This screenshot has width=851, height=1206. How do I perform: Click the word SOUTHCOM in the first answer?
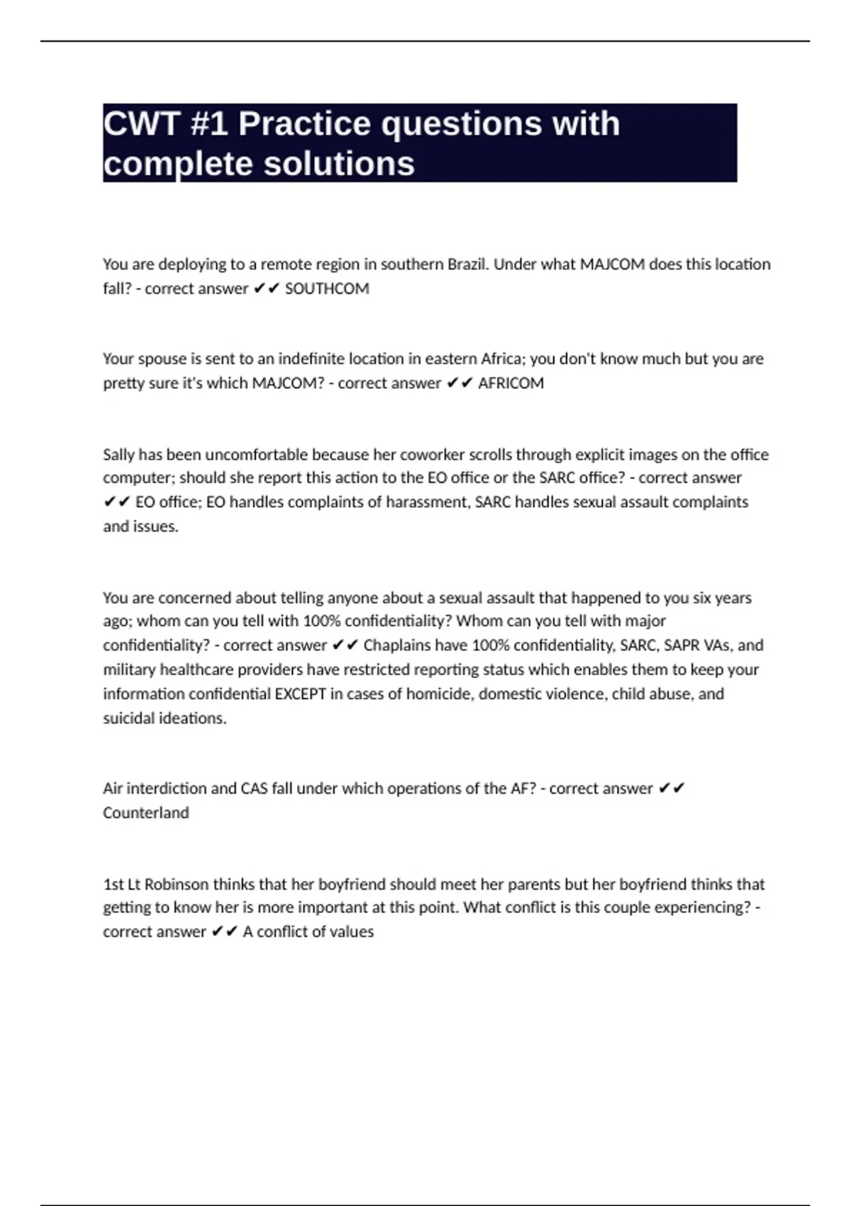pos(327,289)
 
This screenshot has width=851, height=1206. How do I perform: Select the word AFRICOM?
pos(511,383)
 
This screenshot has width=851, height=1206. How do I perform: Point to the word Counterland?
pos(146,813)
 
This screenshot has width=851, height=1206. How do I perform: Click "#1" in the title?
pos(209,124)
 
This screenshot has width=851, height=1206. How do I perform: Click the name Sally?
pos(118,455)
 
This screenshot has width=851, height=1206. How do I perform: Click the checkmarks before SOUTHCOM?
pos(267,289)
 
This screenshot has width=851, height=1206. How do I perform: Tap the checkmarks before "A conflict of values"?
pos(224,932)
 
